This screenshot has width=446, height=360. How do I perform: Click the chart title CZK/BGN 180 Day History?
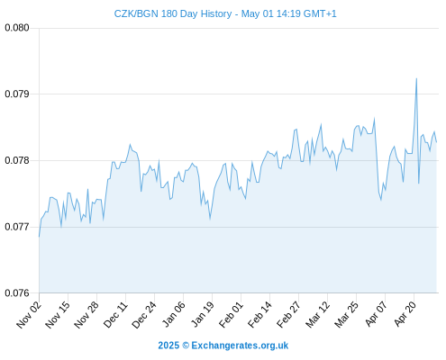pyautogui.click(x=173, y=13)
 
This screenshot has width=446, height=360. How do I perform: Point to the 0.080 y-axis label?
pyautogui.click(x=17, y=28)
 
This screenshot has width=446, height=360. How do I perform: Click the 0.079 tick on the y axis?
pyautogui.click(x=17, y=94)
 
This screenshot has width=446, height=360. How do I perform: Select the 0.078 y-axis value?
pyautogui.click(x=17, y=160)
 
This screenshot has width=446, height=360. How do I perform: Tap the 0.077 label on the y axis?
pyautogui.click(x=17, y=227)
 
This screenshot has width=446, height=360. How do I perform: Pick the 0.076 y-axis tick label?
pyautogui.click(x=17, y=292)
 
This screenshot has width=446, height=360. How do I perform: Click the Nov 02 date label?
pyautogui.click(x=29, y=315)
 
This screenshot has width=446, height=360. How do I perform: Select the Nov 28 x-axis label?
pyautogui.click(x=86, y=315)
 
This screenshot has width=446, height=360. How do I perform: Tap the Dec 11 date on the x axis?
pyautogui.click(x=115, y=315)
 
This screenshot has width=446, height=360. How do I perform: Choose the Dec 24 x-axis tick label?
pyautogui.click(x=144, y=315)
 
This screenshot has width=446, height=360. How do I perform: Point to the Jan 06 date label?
pyautogui.click(x=173, y=315)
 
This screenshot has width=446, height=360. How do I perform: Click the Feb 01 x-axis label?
pyautogui.click(x=231, y=315)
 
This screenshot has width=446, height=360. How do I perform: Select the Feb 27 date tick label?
pyautogui.click(x=288, y=315)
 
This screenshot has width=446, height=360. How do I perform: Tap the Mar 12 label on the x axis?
pyautogui.click(x=317, y=315)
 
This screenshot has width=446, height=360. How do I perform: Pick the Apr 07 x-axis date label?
pyautogui.click(x=376, y=315)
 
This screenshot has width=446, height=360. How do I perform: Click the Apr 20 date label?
pyautogui.click(x=405, y=315)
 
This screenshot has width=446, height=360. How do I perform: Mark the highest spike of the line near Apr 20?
pyautogui.click(x=416, y=78)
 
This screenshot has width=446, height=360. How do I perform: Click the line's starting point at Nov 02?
pyautogui.click(x=39, y=237)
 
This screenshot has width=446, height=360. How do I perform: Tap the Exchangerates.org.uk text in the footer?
pyautogui.click(x=240, y=346)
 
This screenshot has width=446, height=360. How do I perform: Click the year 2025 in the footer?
pyautogui.click(x=168, y=346)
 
